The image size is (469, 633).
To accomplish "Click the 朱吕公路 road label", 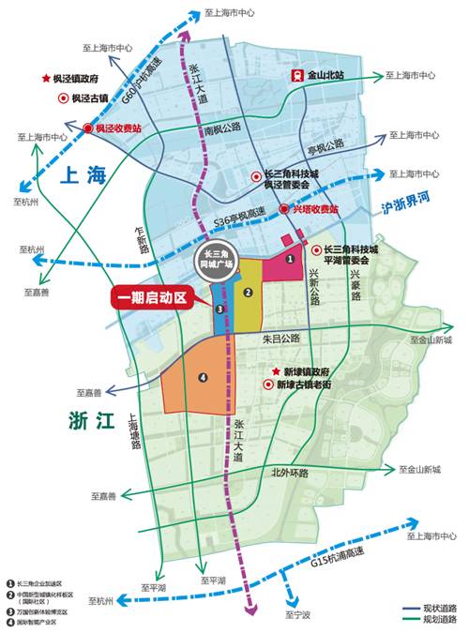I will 280,337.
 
